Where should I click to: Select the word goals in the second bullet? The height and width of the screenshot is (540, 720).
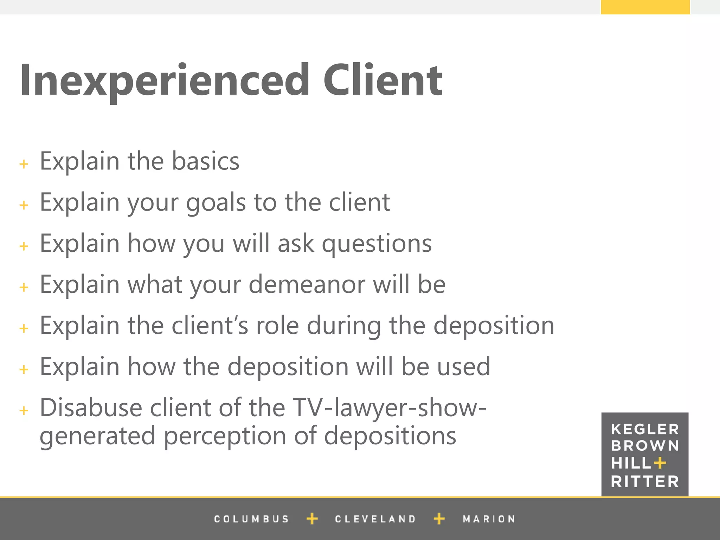click(x=216, y=203)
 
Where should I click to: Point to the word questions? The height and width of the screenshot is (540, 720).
click(x=377, y=244)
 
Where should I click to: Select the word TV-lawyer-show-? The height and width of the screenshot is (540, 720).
click(x=390, y=408)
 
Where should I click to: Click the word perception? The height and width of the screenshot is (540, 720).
click(x=225, y=436)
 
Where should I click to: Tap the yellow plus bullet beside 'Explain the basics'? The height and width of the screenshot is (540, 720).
click(x=24, y=164)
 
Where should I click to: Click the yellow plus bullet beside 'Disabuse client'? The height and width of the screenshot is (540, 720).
click(x=24, y=410)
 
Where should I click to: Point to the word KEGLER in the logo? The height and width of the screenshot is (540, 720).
click(x=645, y=429)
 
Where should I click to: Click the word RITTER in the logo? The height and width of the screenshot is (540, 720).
click(x=645, y=482)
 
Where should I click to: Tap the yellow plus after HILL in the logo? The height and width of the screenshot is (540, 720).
click(x=660, y=463)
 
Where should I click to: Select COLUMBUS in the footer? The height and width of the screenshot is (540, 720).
click(x=251, y=519)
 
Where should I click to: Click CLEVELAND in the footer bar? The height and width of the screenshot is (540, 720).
click(x=375, y=519)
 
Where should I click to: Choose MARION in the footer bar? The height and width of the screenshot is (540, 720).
click(x=489, y=519)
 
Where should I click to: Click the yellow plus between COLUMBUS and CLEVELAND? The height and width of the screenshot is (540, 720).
click(x=312, y=519)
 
